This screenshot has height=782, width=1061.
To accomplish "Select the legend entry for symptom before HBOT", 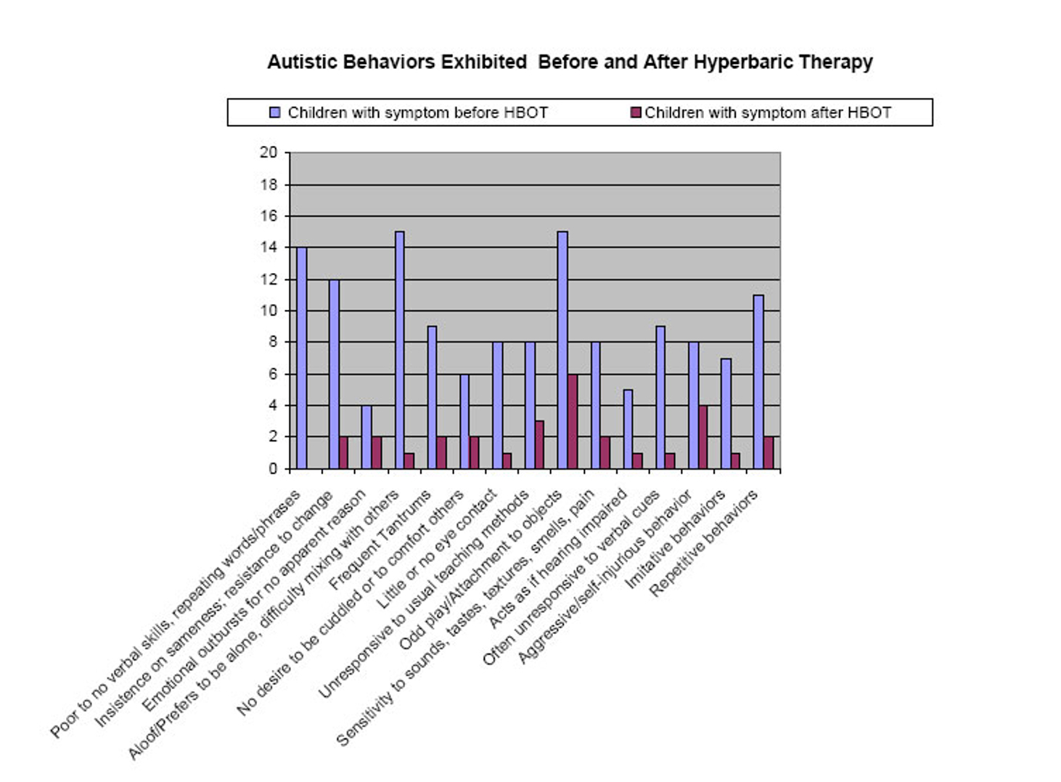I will click(417, 113).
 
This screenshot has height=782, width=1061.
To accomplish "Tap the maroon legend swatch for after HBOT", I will click(636, 113).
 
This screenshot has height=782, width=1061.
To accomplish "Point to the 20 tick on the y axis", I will click(269, 152).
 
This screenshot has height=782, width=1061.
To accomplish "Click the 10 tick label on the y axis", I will click(269, 311).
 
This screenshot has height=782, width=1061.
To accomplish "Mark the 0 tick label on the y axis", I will click(273, 469).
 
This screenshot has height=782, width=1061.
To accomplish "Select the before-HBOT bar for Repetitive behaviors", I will click(758, 382).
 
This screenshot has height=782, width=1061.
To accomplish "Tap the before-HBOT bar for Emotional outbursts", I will click(366, 437).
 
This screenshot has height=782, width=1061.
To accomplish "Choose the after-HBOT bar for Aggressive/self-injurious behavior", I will click(703, 437).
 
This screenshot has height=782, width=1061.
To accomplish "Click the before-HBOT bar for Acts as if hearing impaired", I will click(628, 429).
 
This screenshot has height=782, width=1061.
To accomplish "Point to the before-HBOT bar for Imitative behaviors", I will click(726, 414).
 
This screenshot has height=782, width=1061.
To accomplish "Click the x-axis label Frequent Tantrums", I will click(380, 540).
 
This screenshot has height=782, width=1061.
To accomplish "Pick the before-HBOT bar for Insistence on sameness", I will click(334, 374).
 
